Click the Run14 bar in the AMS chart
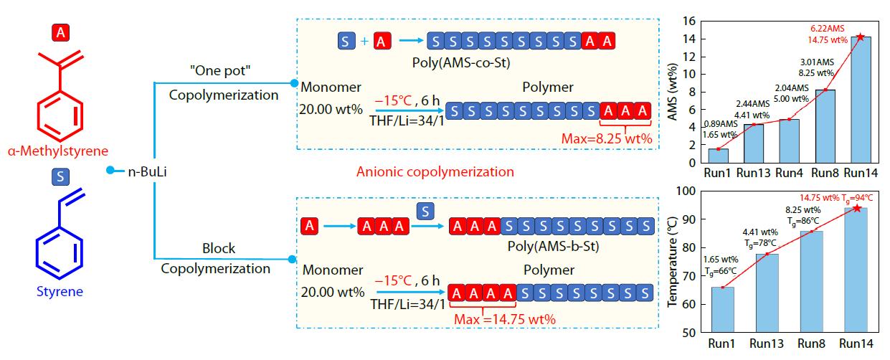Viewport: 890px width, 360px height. point(861,100)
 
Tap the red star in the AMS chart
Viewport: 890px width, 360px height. point(861,37)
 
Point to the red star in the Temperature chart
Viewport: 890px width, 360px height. point(856,208)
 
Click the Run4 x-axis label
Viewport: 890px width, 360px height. point(792,173)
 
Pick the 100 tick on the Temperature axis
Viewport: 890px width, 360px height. point(688,191)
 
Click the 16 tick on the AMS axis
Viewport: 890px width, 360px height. point(689,21)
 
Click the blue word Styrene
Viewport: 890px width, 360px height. point(60,292)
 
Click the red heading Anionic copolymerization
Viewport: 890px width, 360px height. point(435,172)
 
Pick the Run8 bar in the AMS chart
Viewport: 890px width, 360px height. point(827,125)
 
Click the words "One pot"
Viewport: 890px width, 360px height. point(224,73)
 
